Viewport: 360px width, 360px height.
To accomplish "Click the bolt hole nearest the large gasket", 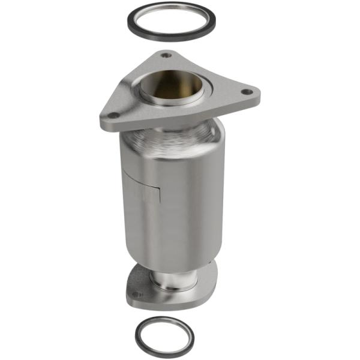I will (166, 55).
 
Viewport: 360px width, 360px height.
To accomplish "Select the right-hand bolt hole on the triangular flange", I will (245, 92).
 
